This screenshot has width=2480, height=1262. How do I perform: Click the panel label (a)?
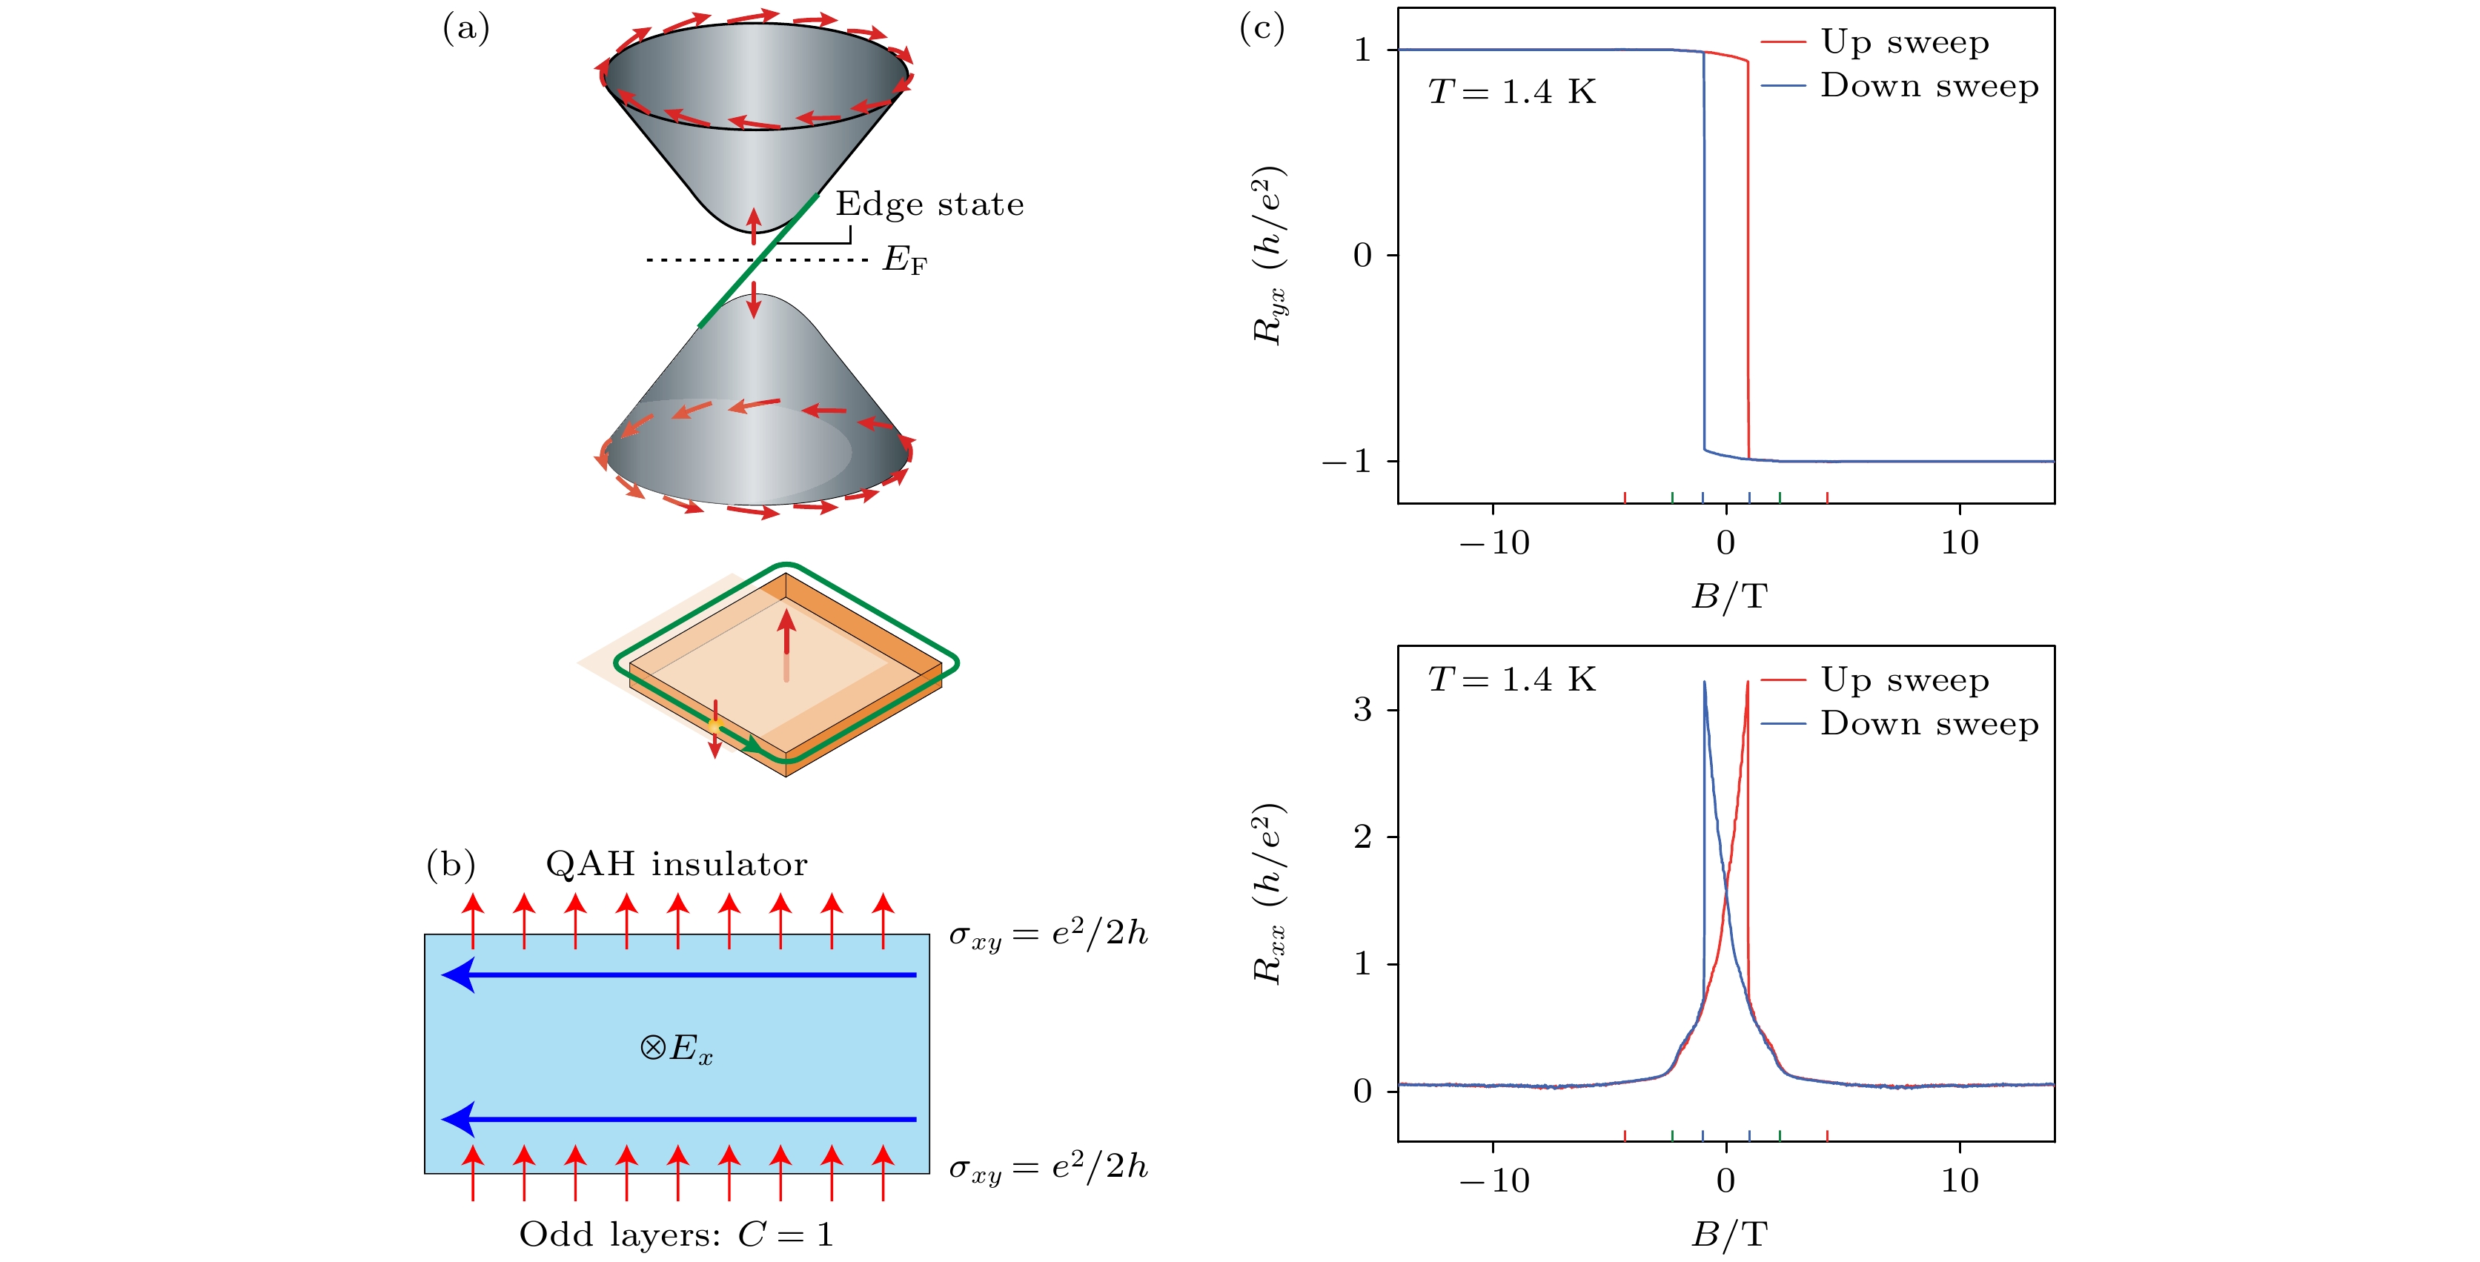(466, 29)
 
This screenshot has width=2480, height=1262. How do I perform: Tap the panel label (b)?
(451, 865)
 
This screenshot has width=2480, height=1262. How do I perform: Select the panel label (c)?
(1261, 29)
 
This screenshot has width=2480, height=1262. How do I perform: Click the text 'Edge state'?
(929, 204)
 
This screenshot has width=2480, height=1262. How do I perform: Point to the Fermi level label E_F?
(904, 260)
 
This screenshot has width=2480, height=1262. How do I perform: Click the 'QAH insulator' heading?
(676, 865)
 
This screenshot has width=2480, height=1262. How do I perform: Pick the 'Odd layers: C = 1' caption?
(676, 1234)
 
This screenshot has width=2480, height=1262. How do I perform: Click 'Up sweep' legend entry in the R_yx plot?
(1903, 42)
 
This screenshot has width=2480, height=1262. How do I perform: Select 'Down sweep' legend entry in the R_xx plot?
(1929, 724)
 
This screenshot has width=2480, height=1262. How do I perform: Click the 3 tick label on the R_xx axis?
(1362, 709)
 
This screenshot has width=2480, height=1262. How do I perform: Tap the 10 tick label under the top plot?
(1959, 543)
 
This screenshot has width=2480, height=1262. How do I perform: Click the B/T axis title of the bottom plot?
(1729, 1234)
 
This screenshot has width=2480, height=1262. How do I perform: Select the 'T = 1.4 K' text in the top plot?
(1511, 93)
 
